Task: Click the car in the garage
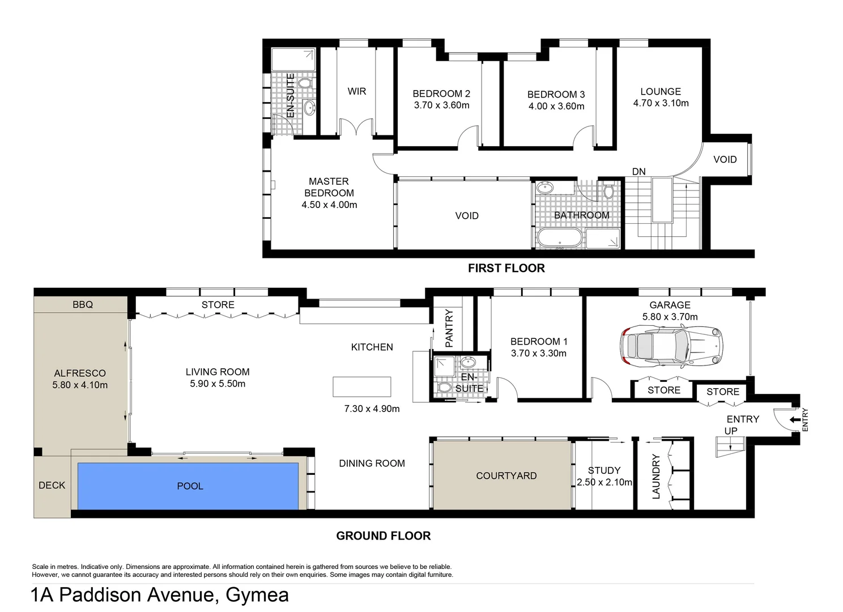672,345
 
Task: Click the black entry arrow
795,420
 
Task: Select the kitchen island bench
361,387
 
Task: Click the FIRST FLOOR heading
506,269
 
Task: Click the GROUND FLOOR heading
383,536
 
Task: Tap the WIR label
356,91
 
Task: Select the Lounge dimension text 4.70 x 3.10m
661,103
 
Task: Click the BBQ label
83,305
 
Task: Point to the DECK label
52,486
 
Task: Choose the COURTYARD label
506,476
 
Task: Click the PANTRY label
449,328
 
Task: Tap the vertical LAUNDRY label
656,477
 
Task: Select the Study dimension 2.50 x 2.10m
604,482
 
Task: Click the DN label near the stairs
638,172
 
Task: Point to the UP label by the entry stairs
731,431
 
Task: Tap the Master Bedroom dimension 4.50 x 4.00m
329,205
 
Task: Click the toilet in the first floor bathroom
608,190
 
